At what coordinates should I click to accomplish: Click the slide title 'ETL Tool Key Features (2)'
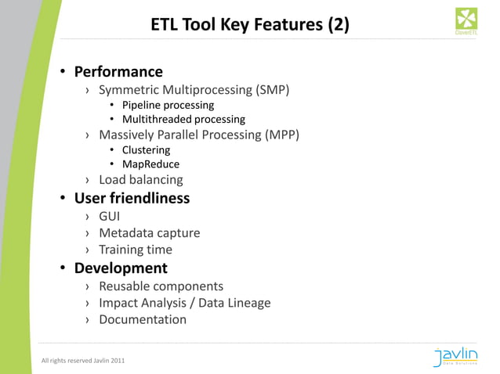pyautogui.click(x=250, y=25)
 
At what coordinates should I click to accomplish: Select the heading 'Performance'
pyautogui.click(x=118, y=72)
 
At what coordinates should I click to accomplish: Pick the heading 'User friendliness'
pyautogui.click(x=132, y=198)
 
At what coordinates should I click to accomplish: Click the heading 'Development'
pyautogui.click(x=121, y=268)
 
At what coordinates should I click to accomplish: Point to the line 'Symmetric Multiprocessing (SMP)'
pyautogui.click(x=194, y=89)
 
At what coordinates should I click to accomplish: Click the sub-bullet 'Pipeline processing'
pyautogui.click(x=168, y=105)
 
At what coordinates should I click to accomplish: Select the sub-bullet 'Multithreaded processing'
pyautogui.click(x=183, y=119)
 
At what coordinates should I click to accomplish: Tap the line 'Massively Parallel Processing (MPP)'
pyautogui.click(x=199, y=135)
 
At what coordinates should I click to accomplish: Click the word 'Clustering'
pyautogui.click(x=146, y=149)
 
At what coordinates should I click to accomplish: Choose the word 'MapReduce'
pyautogui.click(x=150, y=164)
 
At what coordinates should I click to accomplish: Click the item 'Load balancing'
pyautogui.click(x=141, y=179)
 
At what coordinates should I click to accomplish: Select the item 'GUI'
pyautogui.click(x=110, y=216)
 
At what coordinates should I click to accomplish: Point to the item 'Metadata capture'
pyautogui.click(x=149, y=233)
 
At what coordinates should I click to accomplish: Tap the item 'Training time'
pyautogui.click(x=136, y=250)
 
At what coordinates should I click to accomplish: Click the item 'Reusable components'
pyautogui.click(x=161, y=286)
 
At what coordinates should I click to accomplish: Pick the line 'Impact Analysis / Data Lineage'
pyautogui.click(x=184, y=303)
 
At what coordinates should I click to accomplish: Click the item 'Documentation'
pyautogui.click(x=143, y=319)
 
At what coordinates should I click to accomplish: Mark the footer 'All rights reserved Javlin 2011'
pyautogui.click(x=82, y=360)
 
